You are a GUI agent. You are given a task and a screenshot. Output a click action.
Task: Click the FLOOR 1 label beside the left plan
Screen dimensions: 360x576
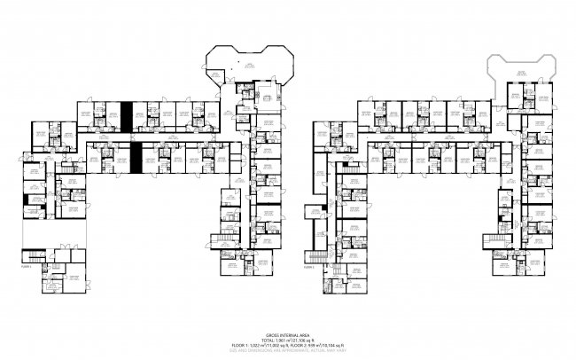(x=26, y=265)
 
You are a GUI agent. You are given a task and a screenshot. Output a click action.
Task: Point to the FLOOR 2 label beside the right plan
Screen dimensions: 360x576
(x=308, y=265)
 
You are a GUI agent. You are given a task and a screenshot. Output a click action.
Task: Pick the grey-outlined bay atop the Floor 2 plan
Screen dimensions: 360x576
(x=520, y=65)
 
